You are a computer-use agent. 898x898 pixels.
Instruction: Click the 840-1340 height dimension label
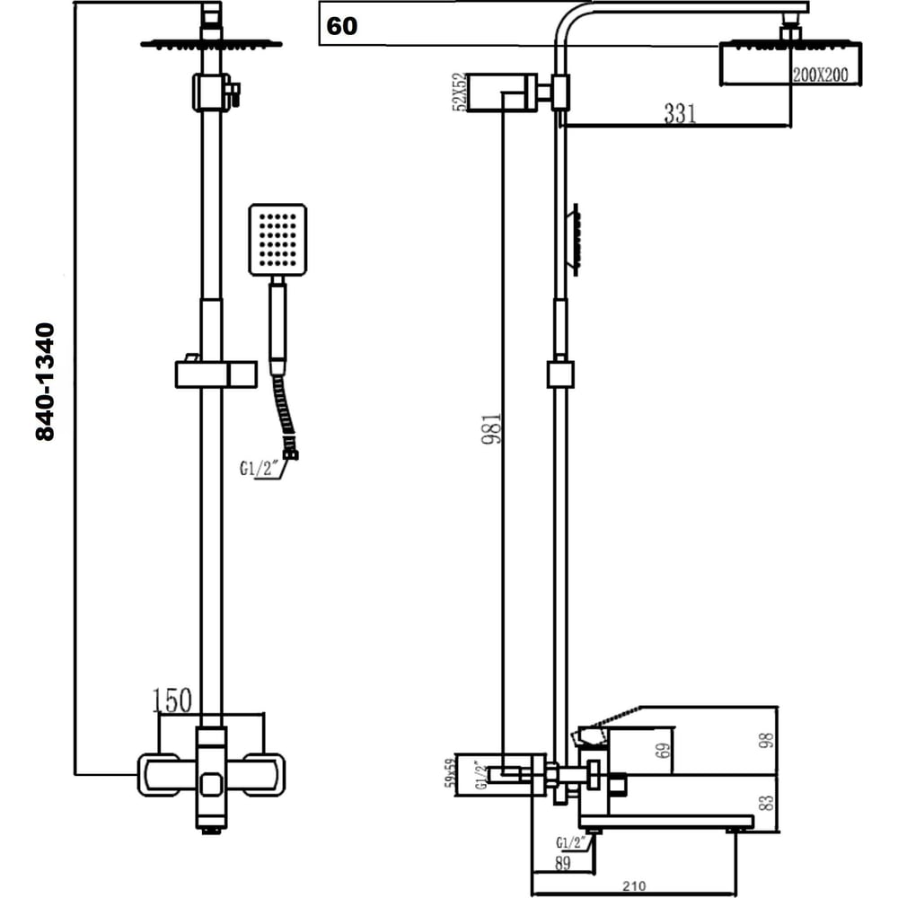pyautogui.click(x=45, y=382)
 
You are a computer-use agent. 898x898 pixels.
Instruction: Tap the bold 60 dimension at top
pyautogui.click(x=341, y=26)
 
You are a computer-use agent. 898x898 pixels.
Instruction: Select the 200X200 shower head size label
pyautogui.click(x=820, y=74)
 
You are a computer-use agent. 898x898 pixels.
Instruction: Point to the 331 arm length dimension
pyautogui.click(x=680, y=113)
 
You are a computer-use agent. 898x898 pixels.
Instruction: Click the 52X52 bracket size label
pyautogui.click(x=460, y=92)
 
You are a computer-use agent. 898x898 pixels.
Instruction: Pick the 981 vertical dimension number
pyautogui.click(x=491, y=428)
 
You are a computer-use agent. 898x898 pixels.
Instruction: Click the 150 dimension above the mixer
pyautogui.click(x=172, y=700)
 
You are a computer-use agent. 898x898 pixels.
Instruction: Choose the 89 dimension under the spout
pyautogui.click(x=563, y=863)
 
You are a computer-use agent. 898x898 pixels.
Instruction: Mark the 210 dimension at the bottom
pyautogui.click(x=634, y=886)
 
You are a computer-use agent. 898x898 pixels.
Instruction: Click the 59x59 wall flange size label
pyautogui.click(x=451, y=772)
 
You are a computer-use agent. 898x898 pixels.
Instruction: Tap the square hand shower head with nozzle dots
pyautogui.click(x=277, y=240)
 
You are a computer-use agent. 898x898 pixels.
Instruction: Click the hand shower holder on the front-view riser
pyautogui.click(x=216, y=374)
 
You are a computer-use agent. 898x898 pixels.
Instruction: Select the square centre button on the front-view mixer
pyautogui.click(x=212, y=784)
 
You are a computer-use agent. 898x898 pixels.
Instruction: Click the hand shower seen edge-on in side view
pyautogui.click(x=575, y=240)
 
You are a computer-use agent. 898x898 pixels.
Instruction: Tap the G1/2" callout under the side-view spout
pyautogui.click(x=571, y=842)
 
